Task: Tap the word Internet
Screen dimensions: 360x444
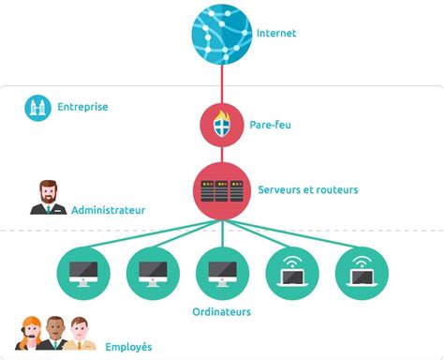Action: [276, 34]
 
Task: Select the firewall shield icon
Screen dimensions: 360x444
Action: [222, 124]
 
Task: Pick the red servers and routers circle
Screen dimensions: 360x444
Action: [222, 189]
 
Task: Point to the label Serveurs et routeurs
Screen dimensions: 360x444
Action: [307, 190]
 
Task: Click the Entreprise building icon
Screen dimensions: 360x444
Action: [37, 108]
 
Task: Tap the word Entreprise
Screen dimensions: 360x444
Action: [82, 107]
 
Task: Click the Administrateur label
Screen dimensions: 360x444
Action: [108, 210]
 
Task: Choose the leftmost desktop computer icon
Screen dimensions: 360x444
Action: [83, 273]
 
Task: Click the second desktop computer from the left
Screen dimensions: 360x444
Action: [153, 273]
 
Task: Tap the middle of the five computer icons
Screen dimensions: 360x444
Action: [222, 273]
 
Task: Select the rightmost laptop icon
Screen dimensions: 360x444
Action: [361, 273]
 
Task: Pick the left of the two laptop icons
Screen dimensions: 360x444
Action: [291, 273]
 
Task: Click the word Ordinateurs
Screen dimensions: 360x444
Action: [222, 312]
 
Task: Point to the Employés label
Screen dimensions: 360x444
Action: [128, 347]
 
